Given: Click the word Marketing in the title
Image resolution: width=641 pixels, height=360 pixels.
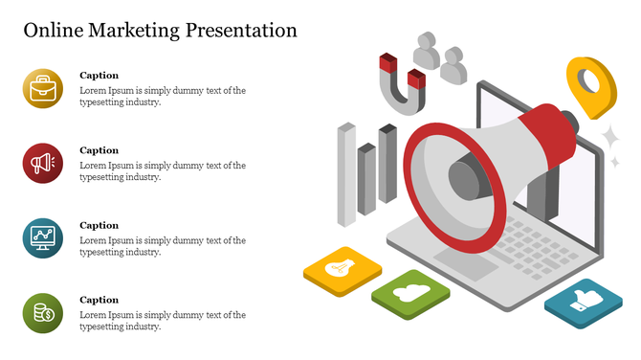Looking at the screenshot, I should pos(132,30).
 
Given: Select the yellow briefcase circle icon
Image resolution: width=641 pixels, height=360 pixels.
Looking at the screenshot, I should pos(42,89).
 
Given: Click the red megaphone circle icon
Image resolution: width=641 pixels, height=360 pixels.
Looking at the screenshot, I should pos(42,164).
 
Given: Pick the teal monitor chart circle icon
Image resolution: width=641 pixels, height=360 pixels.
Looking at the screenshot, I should pos(42,237).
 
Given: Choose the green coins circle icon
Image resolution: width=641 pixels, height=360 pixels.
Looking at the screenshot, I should pos(42,312).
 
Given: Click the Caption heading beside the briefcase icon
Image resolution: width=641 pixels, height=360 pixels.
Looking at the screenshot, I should pos(99,75).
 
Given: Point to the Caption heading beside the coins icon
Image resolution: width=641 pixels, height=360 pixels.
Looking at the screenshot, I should pos(99,300).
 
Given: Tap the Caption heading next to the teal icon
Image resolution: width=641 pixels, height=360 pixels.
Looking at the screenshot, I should pos(99,225).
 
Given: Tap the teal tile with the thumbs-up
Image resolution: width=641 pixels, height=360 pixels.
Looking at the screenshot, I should pos(584,304).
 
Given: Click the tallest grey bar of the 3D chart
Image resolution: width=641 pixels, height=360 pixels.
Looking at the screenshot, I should pos(346,174).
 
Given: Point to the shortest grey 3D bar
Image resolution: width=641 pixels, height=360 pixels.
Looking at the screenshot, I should pos(366,178).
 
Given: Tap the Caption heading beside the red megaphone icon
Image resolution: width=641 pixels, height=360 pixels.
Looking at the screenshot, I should pos(99,150).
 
